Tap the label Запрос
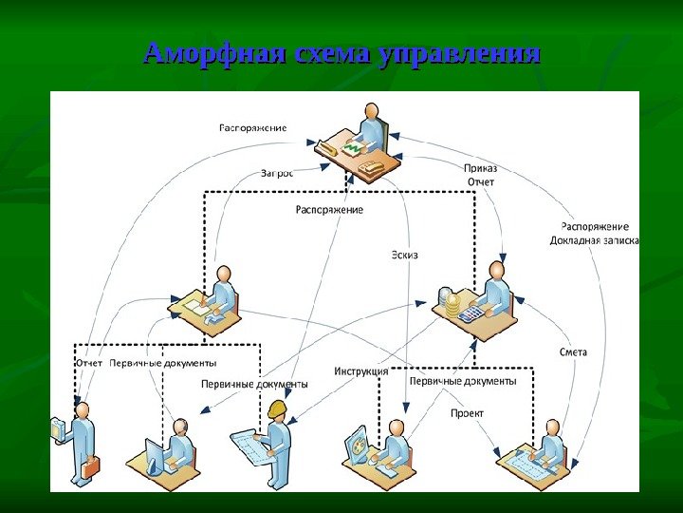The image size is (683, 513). [x=277, y=174]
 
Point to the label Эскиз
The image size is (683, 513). [x=404, y=255]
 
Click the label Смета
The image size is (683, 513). [x=573, y=352]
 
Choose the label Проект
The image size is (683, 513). [x=467, y=413]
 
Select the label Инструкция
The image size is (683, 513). [x=360, y=371]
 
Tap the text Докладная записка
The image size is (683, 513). [x=595, y=240]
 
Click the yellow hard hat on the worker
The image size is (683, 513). [x=278, y=409]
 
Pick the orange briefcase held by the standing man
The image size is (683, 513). [x=90, y=467]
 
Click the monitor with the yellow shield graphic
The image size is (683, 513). [x=358, y=444]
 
